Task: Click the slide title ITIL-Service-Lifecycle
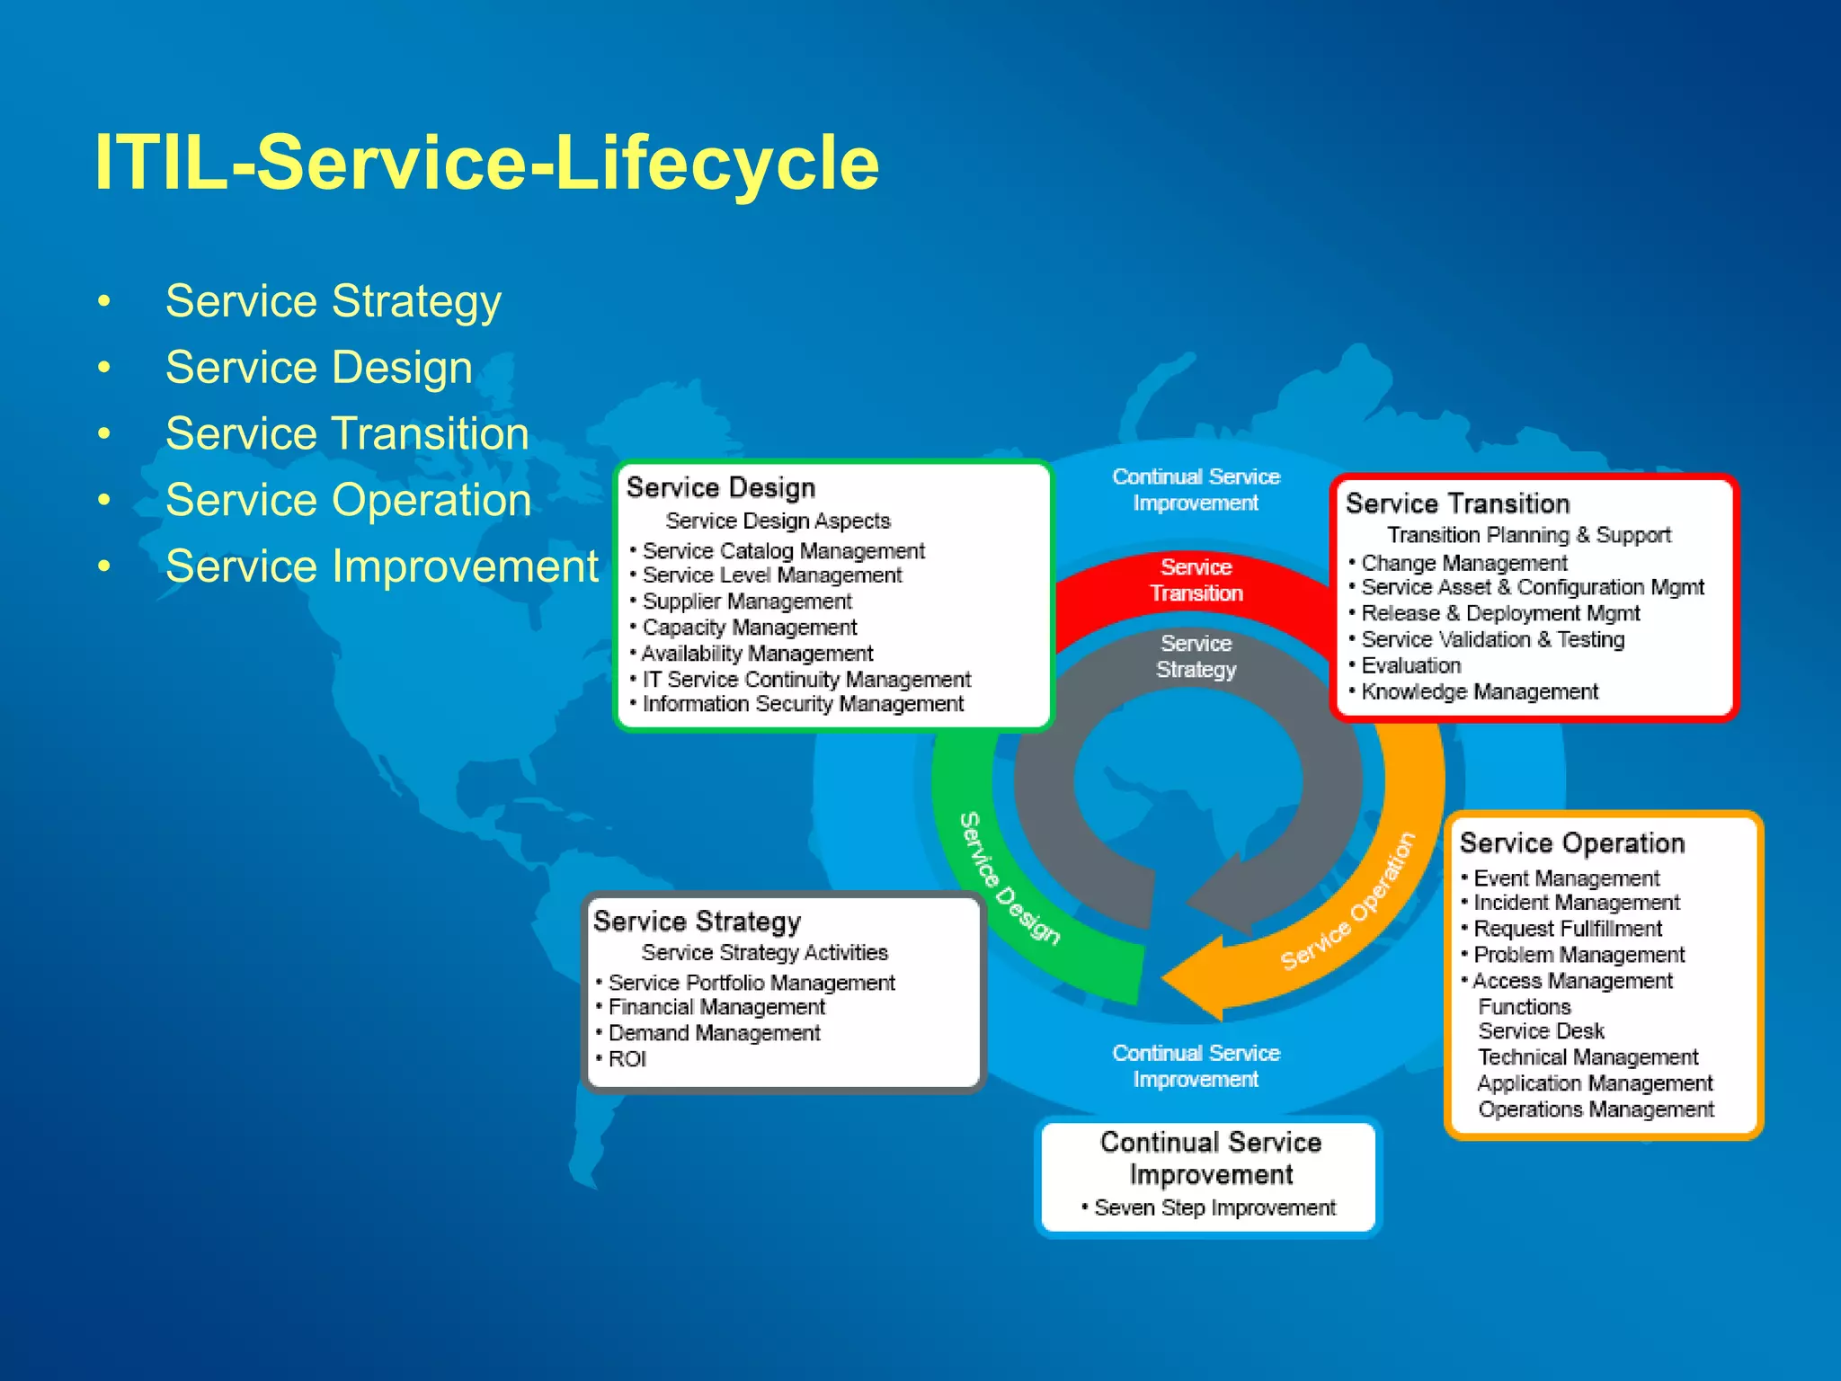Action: (x=486, y=163)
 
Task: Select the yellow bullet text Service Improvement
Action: (x=381, y=566)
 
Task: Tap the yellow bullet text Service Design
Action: (x=318, y=368)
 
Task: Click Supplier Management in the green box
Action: (x=746, y=601)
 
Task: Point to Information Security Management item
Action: (x=802, y=704)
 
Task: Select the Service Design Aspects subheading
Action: (x=778, y=521)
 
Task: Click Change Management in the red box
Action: (x=1463, y=564)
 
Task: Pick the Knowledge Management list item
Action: (x=1479, y=692)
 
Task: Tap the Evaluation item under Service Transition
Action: (x=1410, y=666)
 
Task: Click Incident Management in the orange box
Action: (x=1576, y=903)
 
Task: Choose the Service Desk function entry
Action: (x=1541, y=1031)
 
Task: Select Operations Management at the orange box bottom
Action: (x=1596, y=1109)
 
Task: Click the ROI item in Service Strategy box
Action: (x=627, y=1059)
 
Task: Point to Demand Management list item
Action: (x=714, y=1033)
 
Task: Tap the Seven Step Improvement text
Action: (x=1214, y=1207)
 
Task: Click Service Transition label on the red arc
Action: (x=1196, y=580)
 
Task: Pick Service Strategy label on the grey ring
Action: (x=1196, y=656)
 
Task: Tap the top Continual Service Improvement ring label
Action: (x=1196, y=489)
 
